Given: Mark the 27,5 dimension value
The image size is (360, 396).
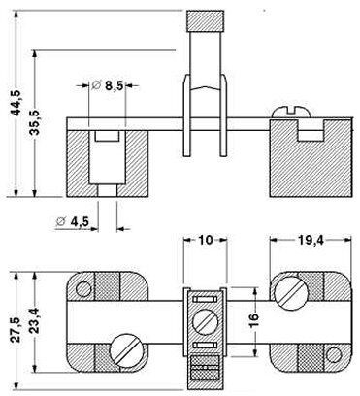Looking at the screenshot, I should point(11,321).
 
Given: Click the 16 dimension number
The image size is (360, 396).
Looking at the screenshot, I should point(249,321).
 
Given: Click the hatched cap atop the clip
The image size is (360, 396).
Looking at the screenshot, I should point(205,20).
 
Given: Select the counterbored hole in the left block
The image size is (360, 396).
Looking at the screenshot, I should point(105,155).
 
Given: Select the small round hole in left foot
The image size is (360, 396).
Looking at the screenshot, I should point(84,288).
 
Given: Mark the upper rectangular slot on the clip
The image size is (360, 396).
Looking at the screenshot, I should point(205,298).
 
